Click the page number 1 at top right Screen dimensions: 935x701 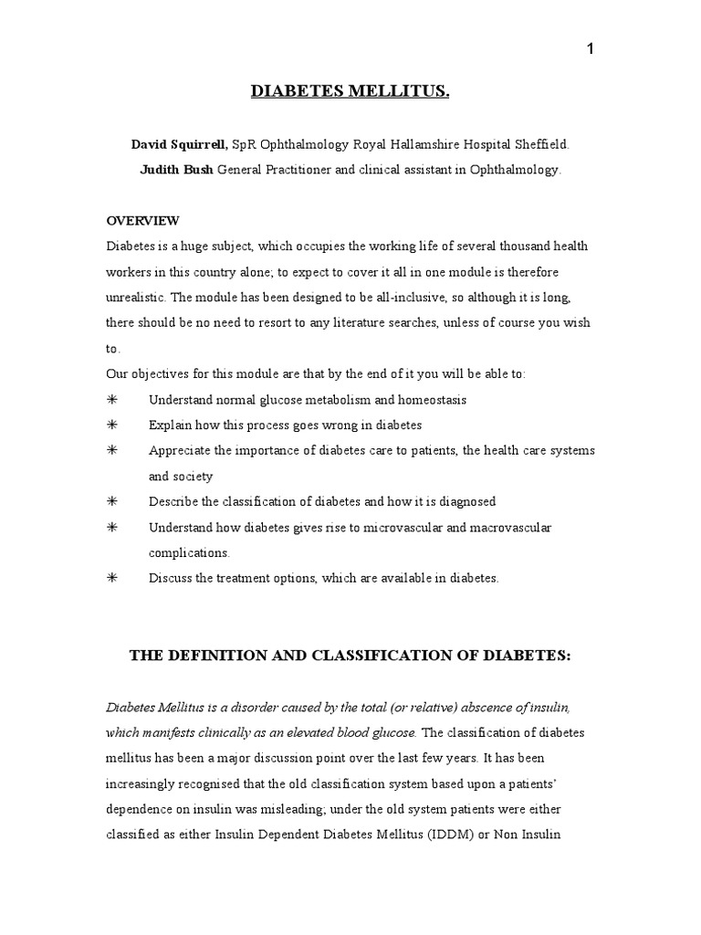pyautogui.click(x=591, y=49)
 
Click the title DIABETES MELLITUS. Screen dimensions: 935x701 pyautogui.click(x=350, y=91)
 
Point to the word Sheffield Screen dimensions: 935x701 pyautogui.click(x=541, y=144)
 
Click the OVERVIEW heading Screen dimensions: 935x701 pyautogui.click(x=143, y=221)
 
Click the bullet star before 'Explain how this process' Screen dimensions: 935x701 pyautogui.click(x=112, y=425)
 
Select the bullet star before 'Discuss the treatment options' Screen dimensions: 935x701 pyautogui.click(x=112, y=579)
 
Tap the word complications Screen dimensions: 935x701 pyautogui.click(x=189, y=553)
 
